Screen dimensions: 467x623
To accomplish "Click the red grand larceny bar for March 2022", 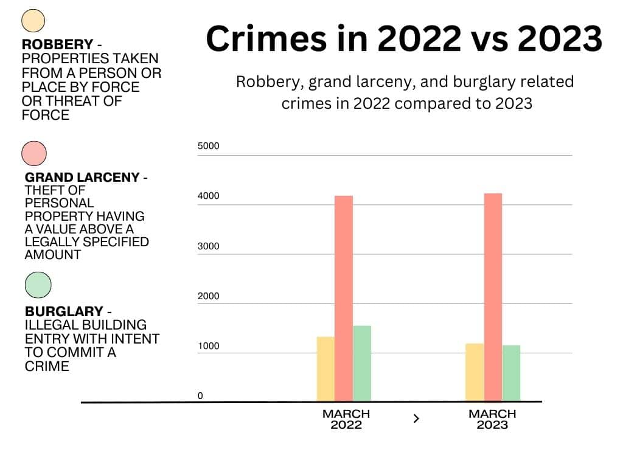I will [344, 298].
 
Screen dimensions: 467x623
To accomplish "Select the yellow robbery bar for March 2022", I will [326, 368].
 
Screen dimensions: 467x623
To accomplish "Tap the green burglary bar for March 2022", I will [362, 363].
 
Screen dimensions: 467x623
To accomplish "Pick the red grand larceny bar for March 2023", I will [493, 297].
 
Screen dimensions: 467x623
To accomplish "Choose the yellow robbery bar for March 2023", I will [475, 372].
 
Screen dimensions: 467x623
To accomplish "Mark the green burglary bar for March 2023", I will [512, 373].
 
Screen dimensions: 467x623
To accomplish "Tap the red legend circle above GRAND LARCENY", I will [34, 153].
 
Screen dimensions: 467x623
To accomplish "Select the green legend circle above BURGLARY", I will [38, 285].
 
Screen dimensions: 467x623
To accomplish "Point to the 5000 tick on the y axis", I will [209, 146].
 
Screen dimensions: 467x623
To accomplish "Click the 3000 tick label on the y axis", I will [209, 246].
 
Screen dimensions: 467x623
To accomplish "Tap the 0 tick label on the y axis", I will [200, 396].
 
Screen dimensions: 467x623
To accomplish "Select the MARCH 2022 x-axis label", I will [346, 419].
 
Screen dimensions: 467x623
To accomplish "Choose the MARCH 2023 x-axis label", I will [492, 419].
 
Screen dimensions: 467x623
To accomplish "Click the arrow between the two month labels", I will [416, 418].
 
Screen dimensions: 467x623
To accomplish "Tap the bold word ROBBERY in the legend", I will [57, 44].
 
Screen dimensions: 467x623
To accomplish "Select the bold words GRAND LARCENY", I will [82, 178].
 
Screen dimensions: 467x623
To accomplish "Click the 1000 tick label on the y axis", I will [209, 346].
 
